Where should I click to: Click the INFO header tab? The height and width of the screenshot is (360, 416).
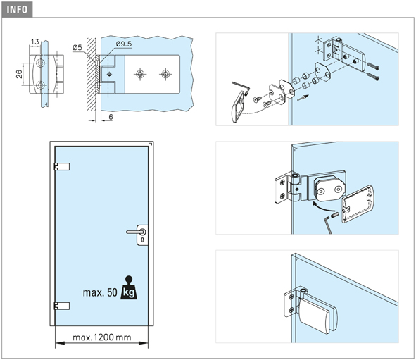coord(17,9)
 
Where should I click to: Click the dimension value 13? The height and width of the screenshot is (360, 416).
coord(34,42)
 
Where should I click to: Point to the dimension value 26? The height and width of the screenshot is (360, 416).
coord(19,74)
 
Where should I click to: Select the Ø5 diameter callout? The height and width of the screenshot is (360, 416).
coord(77,47)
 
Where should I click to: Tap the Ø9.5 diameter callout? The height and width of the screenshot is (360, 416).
coord(124,44)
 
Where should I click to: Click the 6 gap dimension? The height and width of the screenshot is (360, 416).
coord(111,117)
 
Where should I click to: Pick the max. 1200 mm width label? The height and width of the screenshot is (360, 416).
coord(102,337)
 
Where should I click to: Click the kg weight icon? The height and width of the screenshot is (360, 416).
coord(129,288)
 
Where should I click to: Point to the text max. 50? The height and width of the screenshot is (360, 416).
coord(100,292)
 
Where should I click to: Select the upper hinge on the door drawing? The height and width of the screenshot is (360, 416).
coord(62,166)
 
